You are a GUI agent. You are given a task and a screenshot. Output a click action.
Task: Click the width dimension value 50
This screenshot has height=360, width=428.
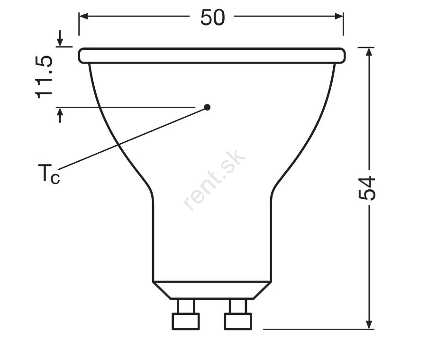click(x=213, y=18)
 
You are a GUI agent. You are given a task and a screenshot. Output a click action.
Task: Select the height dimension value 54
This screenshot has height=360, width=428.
click(x=366, y=188)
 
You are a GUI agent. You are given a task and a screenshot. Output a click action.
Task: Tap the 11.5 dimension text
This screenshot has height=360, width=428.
click(x=44, y=77)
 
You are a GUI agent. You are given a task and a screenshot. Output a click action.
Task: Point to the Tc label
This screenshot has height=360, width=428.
click(x=49, y=174)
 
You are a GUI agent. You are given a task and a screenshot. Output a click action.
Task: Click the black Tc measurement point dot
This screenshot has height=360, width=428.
click(x=207, y=107)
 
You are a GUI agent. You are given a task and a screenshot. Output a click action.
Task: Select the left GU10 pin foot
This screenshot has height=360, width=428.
click(x=186, y=321)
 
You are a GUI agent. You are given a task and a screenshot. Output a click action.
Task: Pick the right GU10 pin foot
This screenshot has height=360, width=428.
click(x=238, y=321)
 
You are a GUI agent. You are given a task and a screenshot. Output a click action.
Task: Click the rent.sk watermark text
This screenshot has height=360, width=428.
click(x=214, y=180)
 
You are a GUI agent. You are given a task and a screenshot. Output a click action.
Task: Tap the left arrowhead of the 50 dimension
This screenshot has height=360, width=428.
click(x=83, y=16)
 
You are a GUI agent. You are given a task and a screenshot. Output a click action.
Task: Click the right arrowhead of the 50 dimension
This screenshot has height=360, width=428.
click(x=339, y=16)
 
